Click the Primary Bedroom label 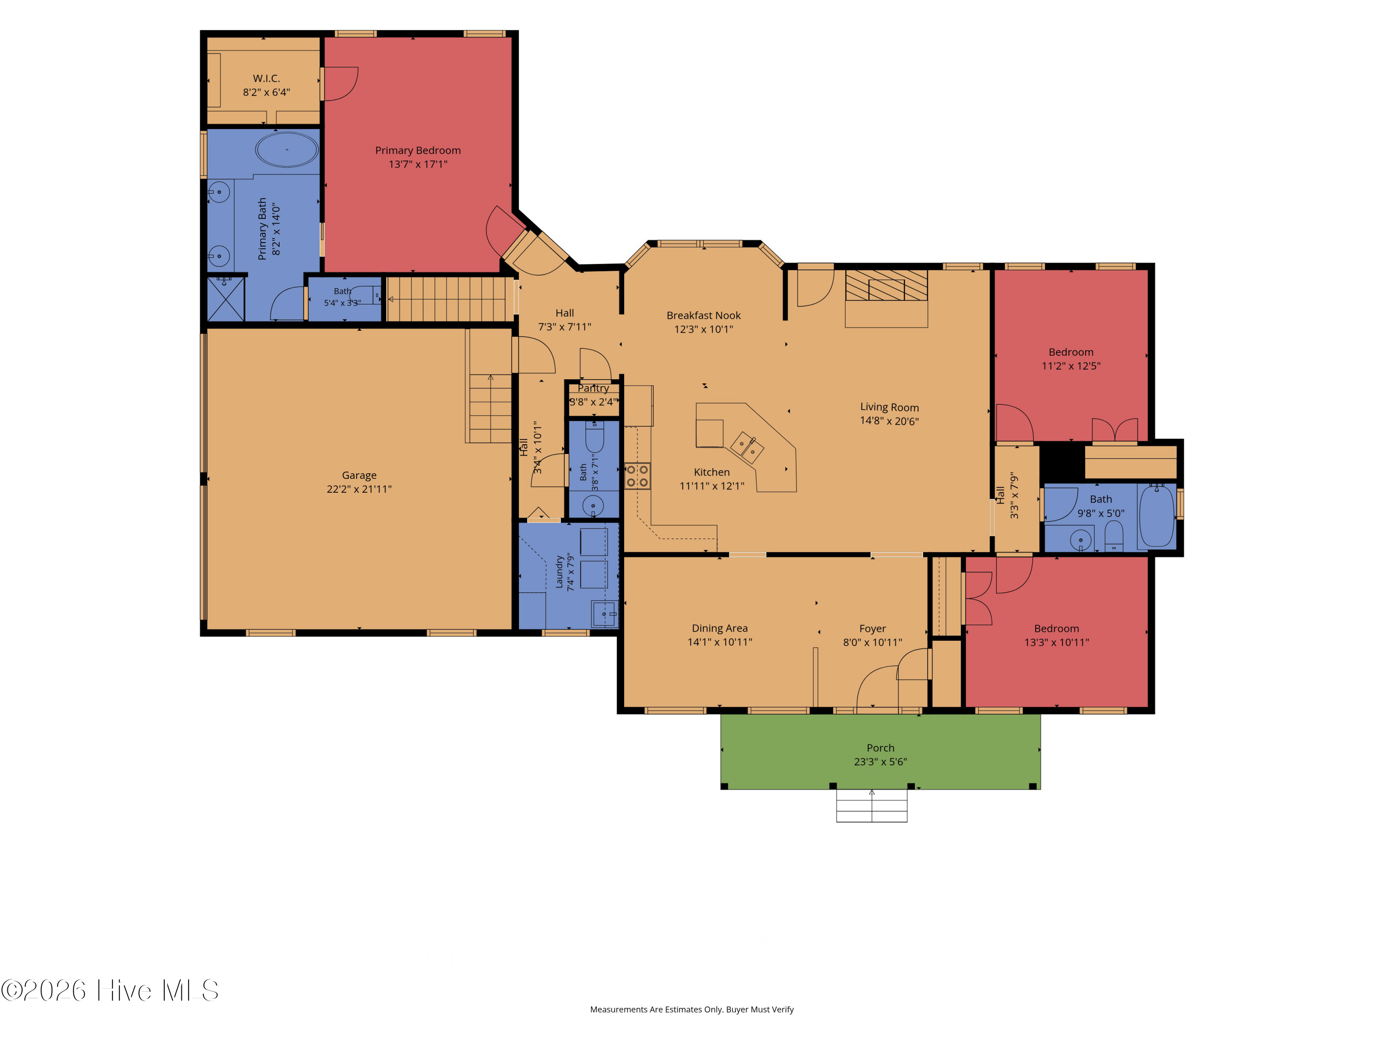point(418,150)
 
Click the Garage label point(359,476)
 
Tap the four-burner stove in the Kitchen point(637,476)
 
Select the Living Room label point(889,407)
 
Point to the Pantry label point(593,388)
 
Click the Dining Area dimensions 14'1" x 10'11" point(720,642)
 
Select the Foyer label point(872,629)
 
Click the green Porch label point(880,748)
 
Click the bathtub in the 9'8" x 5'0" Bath point(1157,517)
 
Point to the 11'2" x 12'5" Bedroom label point(1071,352)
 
